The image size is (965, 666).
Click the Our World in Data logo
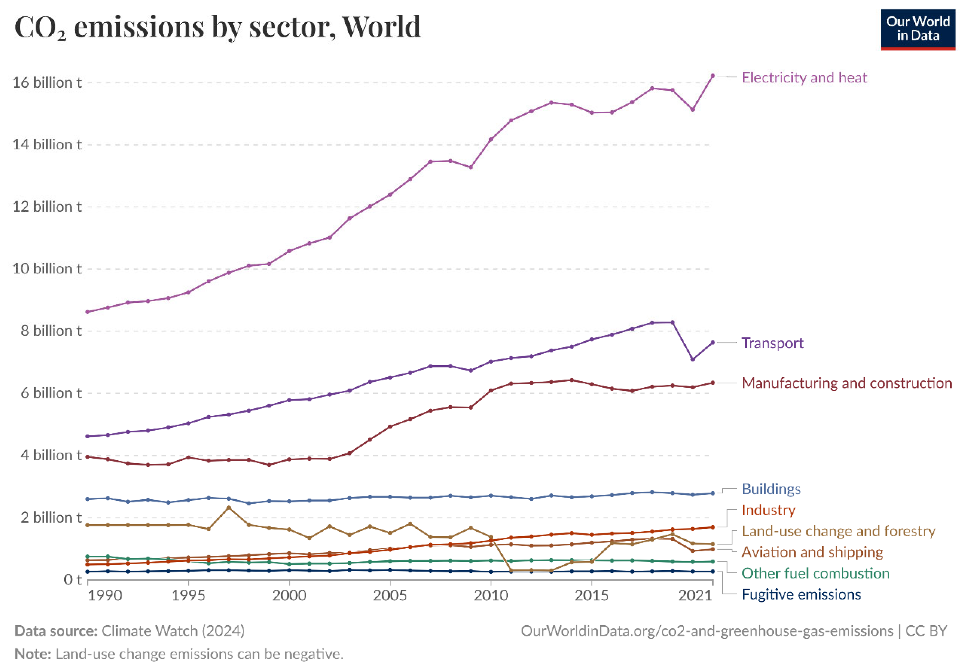(x=917, y=29)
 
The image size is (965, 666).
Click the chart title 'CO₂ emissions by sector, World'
(x=217, y=27)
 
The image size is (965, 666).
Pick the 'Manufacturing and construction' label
(x=846, y=383)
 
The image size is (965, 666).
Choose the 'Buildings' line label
(x=771, y=489)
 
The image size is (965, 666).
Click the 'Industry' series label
(x=768, y=510)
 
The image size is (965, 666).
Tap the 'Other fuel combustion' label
(x=815, y=573)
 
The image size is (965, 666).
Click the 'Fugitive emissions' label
(x=801, y=594)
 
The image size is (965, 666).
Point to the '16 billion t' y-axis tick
(x=47, y=83)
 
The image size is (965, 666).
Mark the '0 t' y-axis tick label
(x=72, y=580)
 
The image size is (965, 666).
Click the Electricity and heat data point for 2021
(x=712, y=76)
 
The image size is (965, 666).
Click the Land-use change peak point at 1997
(x=228, y=508)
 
